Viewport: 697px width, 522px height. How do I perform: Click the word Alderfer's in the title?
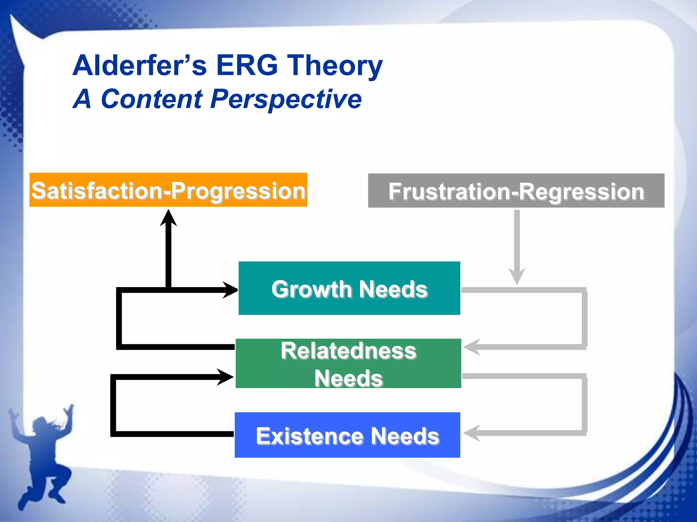pos(140,65)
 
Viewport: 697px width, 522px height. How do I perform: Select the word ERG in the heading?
pos(247,65)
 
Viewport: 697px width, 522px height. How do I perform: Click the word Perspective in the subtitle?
pos(286,99)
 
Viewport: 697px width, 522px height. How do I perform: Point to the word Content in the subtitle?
pos(152,99)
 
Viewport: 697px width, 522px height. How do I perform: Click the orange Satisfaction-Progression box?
pos(168,190)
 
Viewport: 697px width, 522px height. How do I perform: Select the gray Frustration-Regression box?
pos(516,191)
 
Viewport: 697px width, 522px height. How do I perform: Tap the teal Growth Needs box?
pos(349,288)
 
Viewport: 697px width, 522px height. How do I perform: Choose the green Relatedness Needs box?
pos(348,363)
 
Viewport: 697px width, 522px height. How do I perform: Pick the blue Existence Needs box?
pos(347,435)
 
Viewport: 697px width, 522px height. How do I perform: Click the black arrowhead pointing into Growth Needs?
pos(231,290)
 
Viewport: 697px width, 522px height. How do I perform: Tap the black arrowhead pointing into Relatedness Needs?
pos(225,377)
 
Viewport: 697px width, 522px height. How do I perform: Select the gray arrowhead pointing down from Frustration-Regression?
pos(517,276)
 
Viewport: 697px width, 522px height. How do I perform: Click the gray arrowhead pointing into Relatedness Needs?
pos(472,347)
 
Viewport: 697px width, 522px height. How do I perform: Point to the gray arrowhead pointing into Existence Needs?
pos(472,433)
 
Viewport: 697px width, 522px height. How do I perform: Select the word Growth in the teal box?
pos(311,289)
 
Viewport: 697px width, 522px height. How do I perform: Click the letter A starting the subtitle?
pos(82,99)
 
